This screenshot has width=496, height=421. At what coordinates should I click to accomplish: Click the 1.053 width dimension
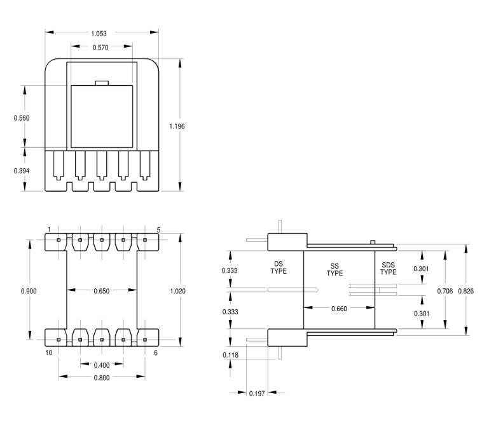coord(99,34)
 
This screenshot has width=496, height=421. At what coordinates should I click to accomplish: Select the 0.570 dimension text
coord(100,48)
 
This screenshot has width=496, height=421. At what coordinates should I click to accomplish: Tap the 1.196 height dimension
coord(177,126)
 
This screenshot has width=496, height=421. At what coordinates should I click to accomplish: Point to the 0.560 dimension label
coord(22,118)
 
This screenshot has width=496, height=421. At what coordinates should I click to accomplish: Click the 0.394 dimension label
coord(22,171)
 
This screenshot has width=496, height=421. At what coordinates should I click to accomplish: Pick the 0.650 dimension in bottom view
coord(102,291)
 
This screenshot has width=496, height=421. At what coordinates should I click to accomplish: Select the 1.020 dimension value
coord(178,291)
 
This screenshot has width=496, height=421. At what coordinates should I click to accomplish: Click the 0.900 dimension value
coord(29,291)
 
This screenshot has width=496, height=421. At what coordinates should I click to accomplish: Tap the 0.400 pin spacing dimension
coord(102,365)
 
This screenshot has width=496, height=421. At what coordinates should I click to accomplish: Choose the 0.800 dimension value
coord(102,378)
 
